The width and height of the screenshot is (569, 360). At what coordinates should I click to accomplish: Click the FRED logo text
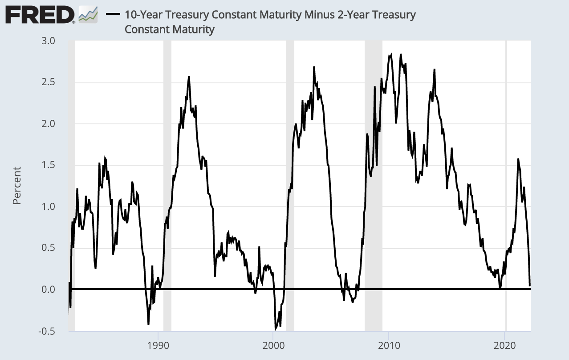click(40, 16)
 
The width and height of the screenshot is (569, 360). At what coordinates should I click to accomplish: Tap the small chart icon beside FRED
click(88, 15)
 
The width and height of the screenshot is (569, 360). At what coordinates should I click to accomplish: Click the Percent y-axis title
click(17, 185)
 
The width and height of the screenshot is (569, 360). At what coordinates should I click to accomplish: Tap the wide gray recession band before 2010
click(373, 178)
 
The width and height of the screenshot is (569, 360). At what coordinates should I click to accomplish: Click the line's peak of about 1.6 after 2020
click(518, 159)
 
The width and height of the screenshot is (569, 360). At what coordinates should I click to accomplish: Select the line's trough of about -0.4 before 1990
click(148, 324)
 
